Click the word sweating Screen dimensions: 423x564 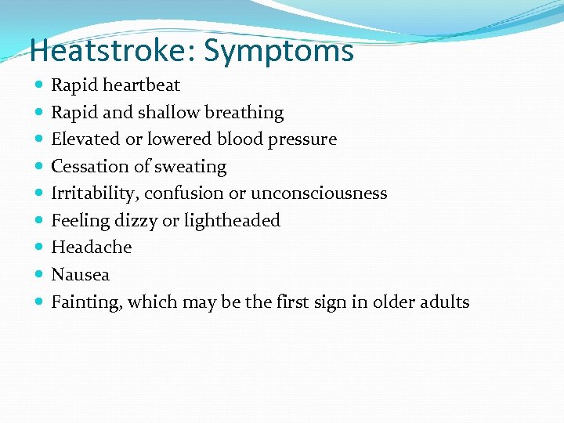point(193,167)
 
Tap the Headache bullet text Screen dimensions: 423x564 point(91,248)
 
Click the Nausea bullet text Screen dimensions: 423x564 point(80,275)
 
